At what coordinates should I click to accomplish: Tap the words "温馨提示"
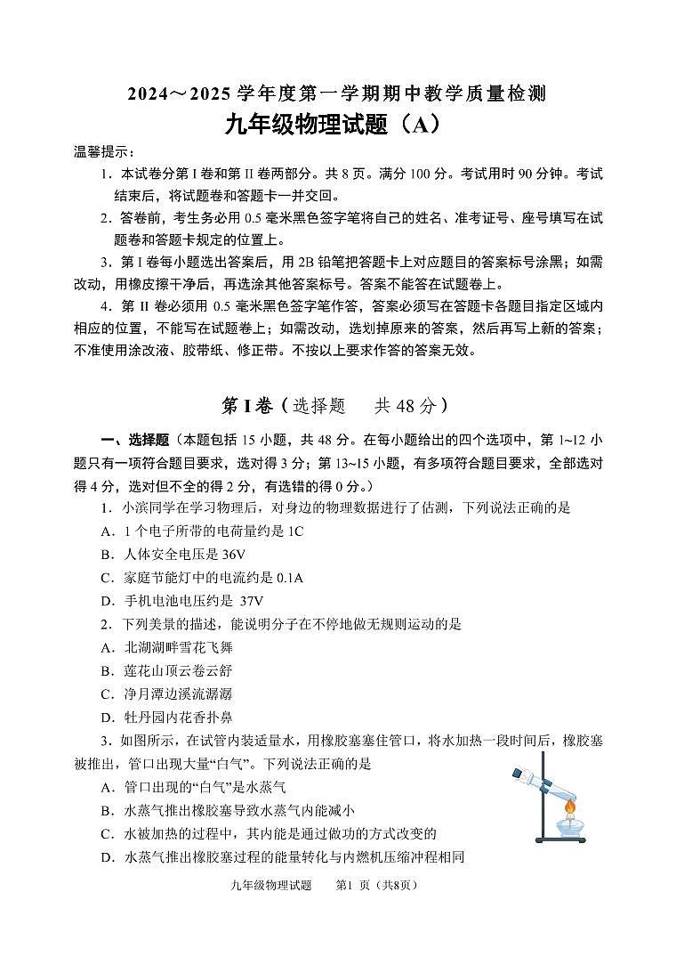tap(101, 152)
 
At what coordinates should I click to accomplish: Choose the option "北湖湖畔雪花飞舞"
tap(177, 647)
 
